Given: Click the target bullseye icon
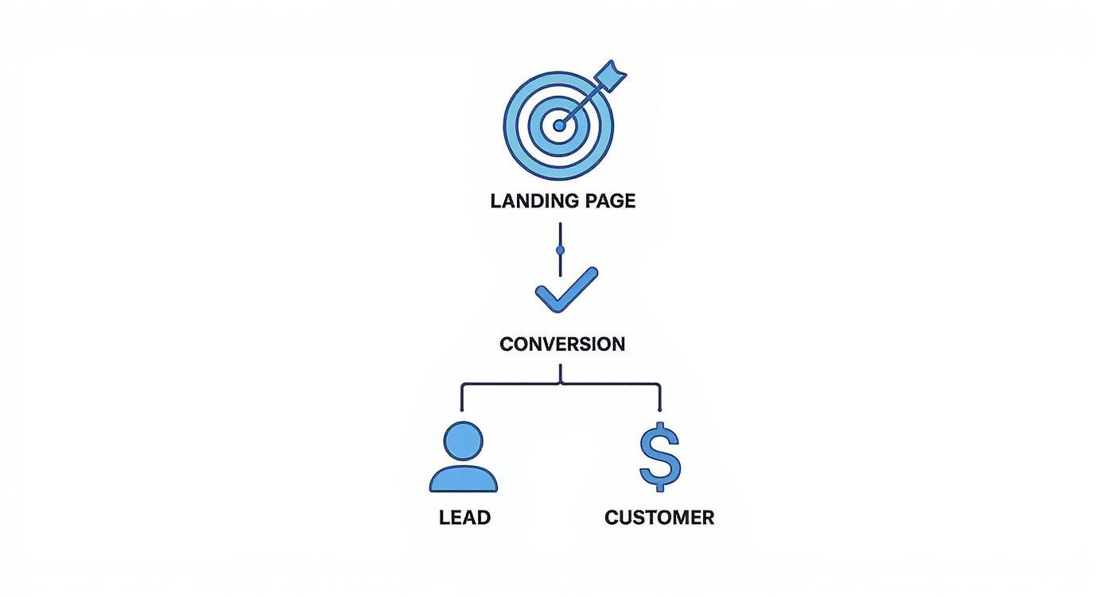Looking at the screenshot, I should click(x=559, y=125).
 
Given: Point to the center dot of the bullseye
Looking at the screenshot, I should click(x=559, y=126).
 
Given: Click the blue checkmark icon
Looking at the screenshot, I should click(x=565, y=289).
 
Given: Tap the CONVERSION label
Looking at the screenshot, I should click(x=562, y=344).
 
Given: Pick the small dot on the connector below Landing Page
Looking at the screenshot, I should click(x=561, y=250).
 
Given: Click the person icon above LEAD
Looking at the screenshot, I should click(x=464, y=457).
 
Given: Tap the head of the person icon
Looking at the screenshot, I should click(x=464, y=441).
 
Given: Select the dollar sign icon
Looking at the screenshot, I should click(x=660, y=457).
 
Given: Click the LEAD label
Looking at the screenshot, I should click(x=464, y=518).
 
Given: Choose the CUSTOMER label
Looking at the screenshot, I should click(x=659, y=518).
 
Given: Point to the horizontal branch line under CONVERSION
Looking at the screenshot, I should click(x=517, y=385).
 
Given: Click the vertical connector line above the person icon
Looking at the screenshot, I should click(x=462, y=397).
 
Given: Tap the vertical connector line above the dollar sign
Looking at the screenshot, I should click(x=660, y=397).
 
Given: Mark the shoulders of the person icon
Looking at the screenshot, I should click(x=464, y=480).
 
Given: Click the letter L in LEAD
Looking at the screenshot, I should click(x=444, y=518).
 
